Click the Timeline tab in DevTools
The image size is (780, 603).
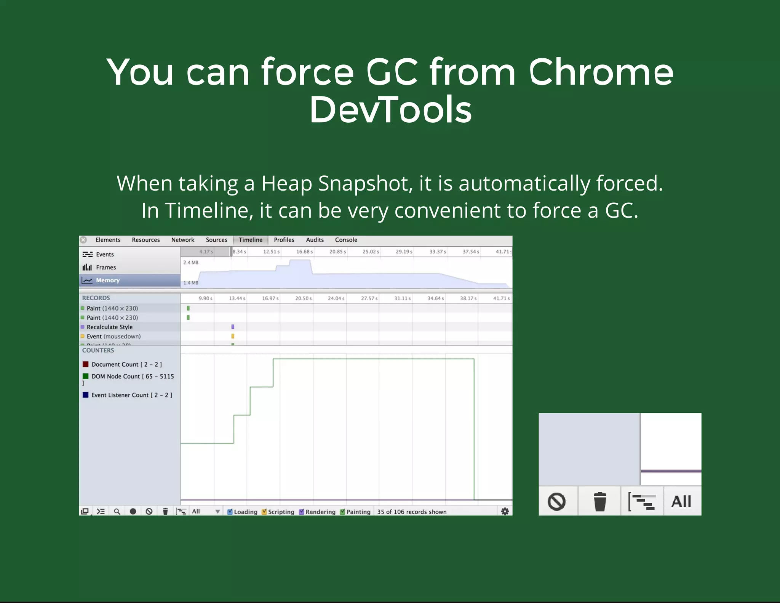click(x=250, y=240)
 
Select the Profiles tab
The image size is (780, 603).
click(x=284, y=240)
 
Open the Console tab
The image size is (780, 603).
click(x=346, y=240)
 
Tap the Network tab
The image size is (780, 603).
click(x=182, y=240)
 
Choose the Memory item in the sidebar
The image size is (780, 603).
click(x=108, y=280)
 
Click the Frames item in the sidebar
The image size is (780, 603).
click(x=105, y=267)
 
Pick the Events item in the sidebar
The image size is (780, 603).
click(x=105, y=254)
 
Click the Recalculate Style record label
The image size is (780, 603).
click(x=110, y=327)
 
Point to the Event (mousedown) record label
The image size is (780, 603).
click(x=113, y=336)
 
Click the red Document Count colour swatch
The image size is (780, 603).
click(x=86, y=364)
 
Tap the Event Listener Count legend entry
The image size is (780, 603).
click(x=131, y=395)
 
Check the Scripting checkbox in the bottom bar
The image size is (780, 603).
click(x=264, y=512)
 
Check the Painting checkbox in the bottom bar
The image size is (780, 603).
click(x=342, y=512)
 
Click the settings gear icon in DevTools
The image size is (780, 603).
click(x=505, y=512)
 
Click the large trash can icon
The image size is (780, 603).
click(x=599, y=501)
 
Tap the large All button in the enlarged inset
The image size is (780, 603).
click(x=681, y=501)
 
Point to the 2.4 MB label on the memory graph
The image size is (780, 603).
click(x=190, y=262)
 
